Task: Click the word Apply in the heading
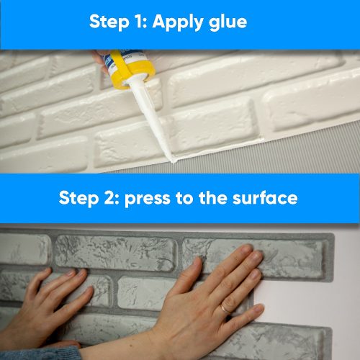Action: click(x=180, y=22)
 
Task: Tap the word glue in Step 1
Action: click(x=226, y=22)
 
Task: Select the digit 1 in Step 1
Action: click(x=142, y=22)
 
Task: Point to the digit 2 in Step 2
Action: click(x=112, y=198)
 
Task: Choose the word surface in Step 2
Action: click(x=266, y=198)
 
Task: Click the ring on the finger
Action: click(x=225, y=307)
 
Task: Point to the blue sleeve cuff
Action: click(x=36, y=352)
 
